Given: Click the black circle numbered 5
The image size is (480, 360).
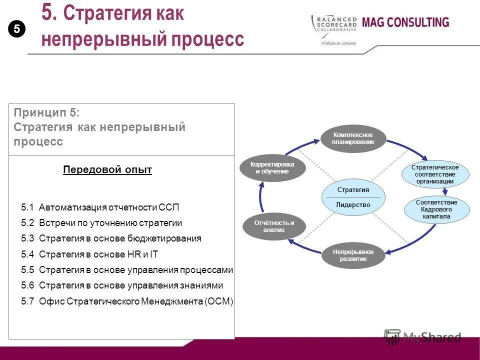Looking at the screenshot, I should (16, 29).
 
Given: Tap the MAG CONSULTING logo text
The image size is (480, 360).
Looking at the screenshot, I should (405, 22).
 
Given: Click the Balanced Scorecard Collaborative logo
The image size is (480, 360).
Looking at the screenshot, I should (334, 27).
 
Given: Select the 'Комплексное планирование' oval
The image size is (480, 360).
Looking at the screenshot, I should (353, 138).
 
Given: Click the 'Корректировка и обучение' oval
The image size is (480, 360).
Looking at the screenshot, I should (272, 168).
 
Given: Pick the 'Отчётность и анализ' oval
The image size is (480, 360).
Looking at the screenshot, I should (274, 226).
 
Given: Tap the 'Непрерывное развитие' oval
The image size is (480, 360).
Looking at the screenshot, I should (353, 255).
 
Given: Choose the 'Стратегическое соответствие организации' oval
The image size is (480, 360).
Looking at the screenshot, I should (435, 174).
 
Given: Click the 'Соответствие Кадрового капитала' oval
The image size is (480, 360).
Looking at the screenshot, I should (436, 209).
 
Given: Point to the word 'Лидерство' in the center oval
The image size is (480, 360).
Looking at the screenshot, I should (353, 204).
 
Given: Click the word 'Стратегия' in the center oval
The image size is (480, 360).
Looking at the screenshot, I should (353, 190).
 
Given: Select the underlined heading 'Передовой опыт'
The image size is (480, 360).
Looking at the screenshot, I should (107, 170).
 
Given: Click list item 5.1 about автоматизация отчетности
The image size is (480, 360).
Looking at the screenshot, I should (100, 207).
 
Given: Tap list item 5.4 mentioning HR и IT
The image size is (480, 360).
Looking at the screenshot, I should (89, 254).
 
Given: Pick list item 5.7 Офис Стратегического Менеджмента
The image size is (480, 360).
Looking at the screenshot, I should (127, 301).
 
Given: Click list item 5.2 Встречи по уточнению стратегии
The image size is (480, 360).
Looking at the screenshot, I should (101, 223).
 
